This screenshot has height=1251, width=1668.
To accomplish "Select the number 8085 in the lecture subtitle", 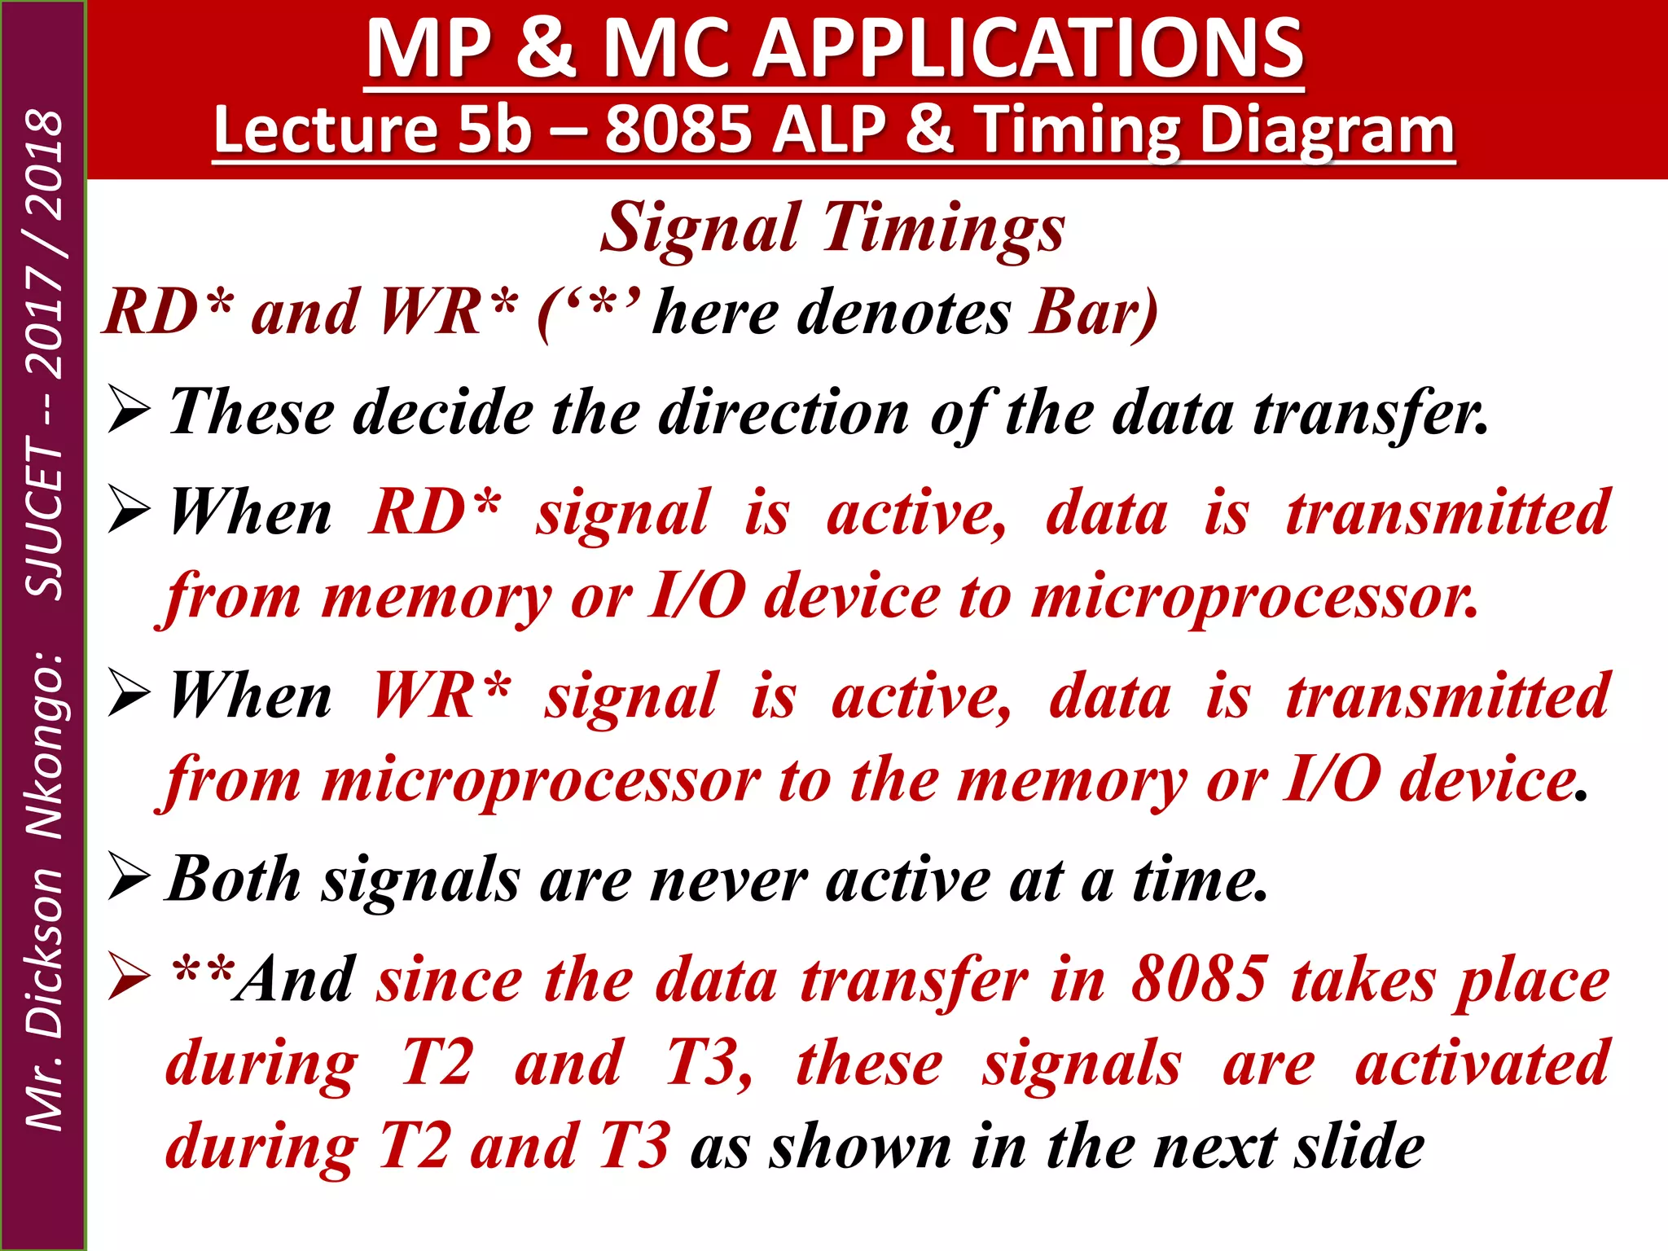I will pyautogui.click(x=678, y=130).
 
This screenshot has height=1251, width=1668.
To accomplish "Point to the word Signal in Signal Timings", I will pyautogui.click(x=700, y=228).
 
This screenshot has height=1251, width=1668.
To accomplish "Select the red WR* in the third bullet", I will pyautogui.click(x=441, y=696).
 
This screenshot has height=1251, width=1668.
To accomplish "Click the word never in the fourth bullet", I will pyautogui.click(x=728, y=881).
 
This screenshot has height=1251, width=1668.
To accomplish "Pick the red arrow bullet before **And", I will pyautogui.click(x=129, y=979).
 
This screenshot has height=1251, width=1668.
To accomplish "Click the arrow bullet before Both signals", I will pyautogui.click(x=129, y=880).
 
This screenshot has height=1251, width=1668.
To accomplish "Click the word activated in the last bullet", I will pyautogui.click(x=1482, y=1064).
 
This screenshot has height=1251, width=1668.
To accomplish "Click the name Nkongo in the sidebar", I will pyautogui.click(x=44, y=745).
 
